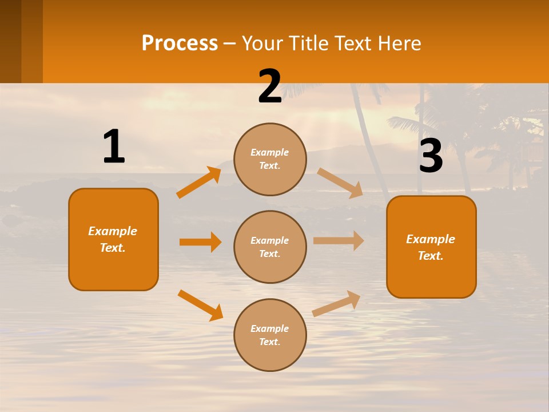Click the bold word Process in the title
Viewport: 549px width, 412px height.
180,43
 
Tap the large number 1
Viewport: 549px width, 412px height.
114,147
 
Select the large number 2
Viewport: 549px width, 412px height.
270,87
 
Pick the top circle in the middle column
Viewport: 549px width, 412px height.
270,159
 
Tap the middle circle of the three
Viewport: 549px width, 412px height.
270,247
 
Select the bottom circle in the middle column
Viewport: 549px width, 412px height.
270,335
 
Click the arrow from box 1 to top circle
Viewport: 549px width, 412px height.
199,183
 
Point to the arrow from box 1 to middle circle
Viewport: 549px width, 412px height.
200,242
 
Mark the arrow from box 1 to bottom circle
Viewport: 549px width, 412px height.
200,305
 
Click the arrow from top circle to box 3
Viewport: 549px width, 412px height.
341,183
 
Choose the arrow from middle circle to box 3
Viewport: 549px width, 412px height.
339,241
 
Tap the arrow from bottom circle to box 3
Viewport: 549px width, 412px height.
337,303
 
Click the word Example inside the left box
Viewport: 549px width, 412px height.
113,231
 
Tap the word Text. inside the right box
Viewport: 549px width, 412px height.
431,256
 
